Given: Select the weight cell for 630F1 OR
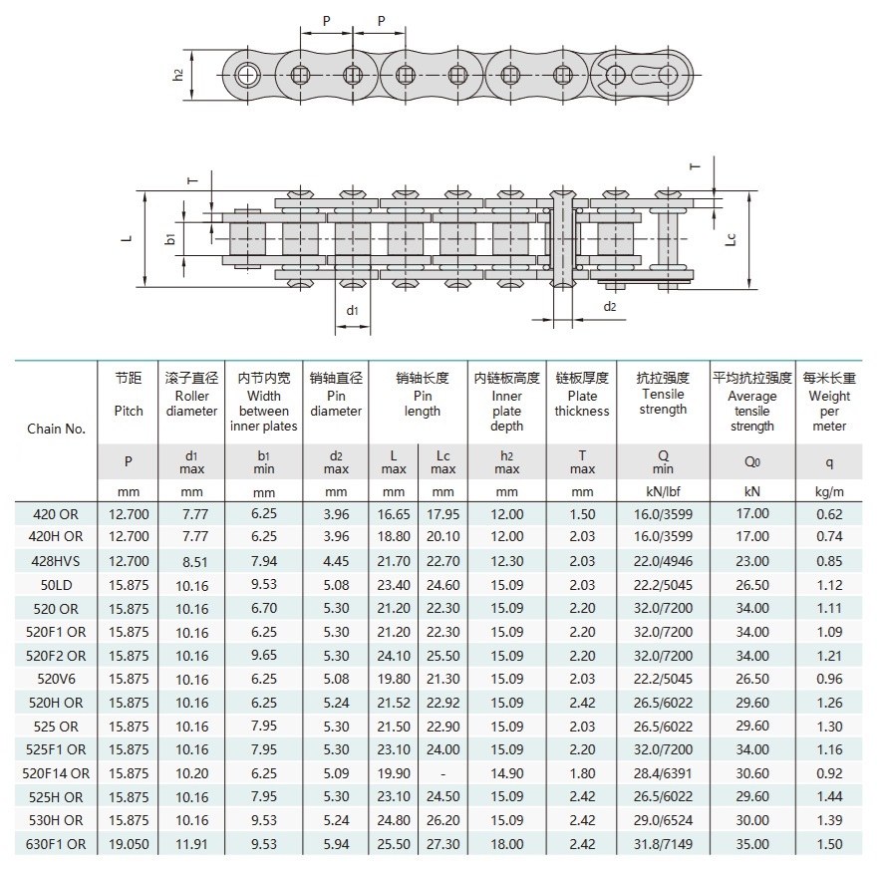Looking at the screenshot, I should pyautogui.click(x=829, y=844).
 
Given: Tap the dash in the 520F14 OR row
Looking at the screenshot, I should pyautogui.click(x=442, y=773).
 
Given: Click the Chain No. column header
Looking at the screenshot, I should pyautogui.click(x=56, y=430).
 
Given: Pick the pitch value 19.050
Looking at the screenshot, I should pyautogui.click(x=129, y=844).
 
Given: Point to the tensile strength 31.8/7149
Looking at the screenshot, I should pyautogui.click(x=663, y=844).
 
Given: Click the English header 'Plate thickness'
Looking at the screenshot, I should pyautogui.click(x=582, y=403).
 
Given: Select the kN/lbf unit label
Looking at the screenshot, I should pyautogui.click(x=663, y=491).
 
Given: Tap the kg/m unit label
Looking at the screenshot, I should pyautogui.click(x=829, y=491).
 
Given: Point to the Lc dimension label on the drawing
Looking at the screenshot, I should pyautogui.click(x=731, y=239).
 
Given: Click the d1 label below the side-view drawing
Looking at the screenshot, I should pyautogui.click(x=352, y=310).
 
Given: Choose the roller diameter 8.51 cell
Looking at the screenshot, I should pyautogui.click(x=191, y=560).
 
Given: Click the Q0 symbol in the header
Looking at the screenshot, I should pyautogui.click(x=751, y=461).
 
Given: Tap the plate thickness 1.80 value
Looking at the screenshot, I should pyautogui.click(x=582, y=773).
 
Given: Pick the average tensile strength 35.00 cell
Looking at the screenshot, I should pyautogui.click(x=751, y=844).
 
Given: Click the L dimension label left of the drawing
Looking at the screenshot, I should pyautogui.click(x=127, y=239).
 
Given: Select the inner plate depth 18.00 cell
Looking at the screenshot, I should pyautogui.click(x=506, y=844).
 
